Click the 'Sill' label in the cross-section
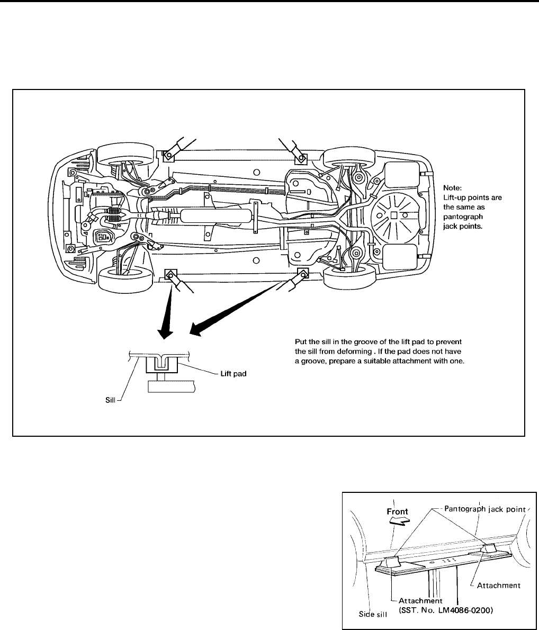pyautogui.click(x=111, y=401)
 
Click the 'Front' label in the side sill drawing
pyautogui.click(x=398, y=511)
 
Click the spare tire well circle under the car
pyautogui.click(x=394, y=214)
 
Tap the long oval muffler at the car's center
pyautogui.click(x=215, y=215)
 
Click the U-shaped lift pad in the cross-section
pyautogui.click(x=161, y=365)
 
